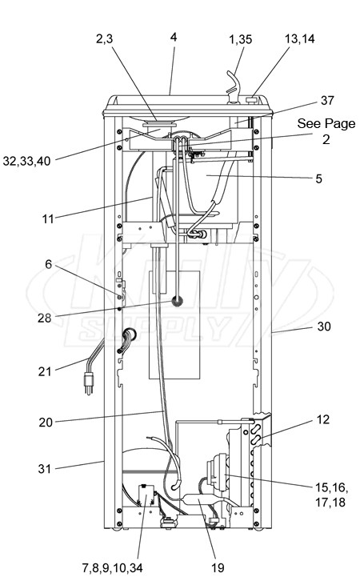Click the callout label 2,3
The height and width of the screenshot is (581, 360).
tap(104, 38)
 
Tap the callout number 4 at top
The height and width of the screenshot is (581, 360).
tap(174, 37)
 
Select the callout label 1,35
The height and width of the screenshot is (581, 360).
tap(240, 39)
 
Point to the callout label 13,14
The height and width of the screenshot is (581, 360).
tap(300, 38)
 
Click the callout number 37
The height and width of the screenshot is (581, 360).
tap(327, 100)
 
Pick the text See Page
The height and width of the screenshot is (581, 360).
tap(326, 123)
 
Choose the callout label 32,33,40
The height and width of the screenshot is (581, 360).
tap(26, 161)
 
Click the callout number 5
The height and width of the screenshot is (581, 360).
tap(319, 178)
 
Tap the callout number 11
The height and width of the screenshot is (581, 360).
tap(48, 219)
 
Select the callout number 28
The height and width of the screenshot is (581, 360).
tap(45, 318)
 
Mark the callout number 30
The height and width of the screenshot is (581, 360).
tap(324, 327)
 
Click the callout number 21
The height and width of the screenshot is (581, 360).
tap(45, 371)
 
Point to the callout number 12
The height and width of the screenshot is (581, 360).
tap(323, 419)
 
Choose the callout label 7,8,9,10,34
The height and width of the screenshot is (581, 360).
tap(112, 567)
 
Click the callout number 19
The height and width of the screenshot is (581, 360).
tap(218, 567)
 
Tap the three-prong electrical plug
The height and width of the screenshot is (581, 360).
tap(88, 383)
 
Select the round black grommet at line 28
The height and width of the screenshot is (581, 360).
tap(178, 301)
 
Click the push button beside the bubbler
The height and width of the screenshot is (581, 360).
tap(252, 99)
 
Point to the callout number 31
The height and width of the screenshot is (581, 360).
tap(45, 469)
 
